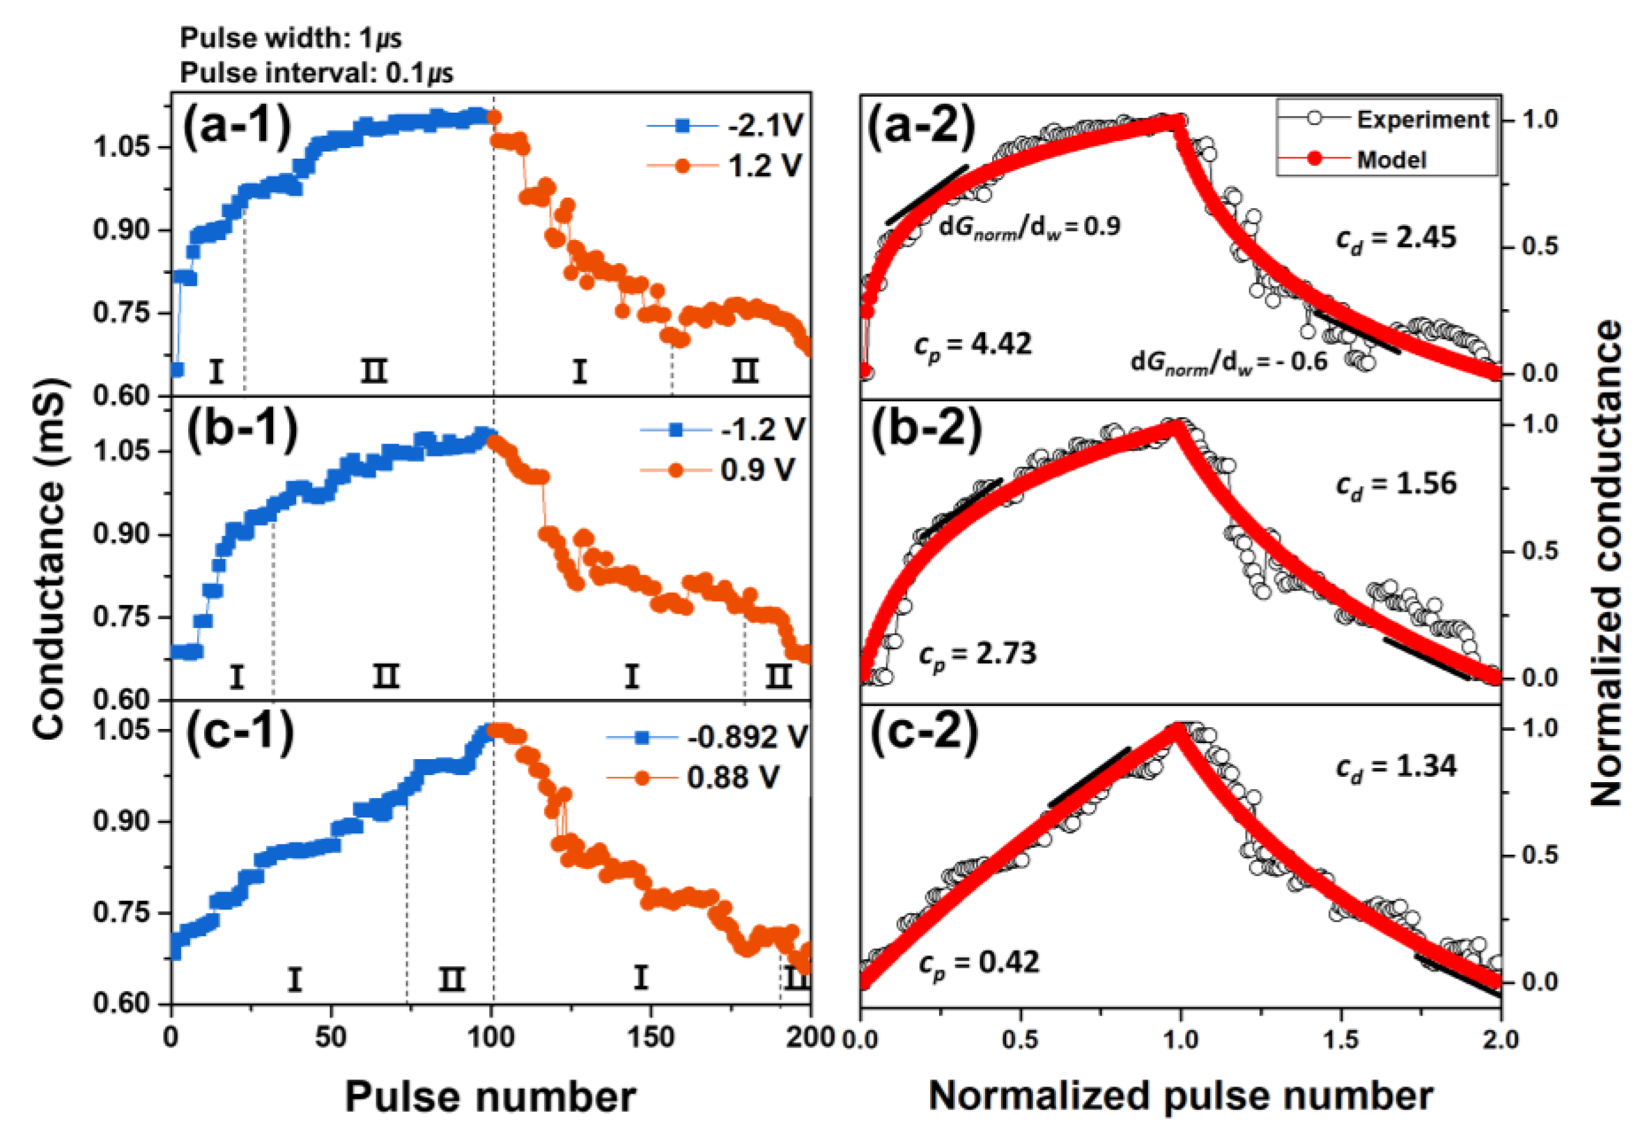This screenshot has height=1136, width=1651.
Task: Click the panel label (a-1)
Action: coord(238,127)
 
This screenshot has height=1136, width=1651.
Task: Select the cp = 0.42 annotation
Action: coord(979,964)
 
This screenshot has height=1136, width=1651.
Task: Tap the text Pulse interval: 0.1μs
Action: coord(316,73)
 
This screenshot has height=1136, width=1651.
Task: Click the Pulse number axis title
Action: coord(490,1096)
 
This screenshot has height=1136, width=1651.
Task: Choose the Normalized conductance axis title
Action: coord(1606,562)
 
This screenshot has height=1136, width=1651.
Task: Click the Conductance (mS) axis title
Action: coord(50,559)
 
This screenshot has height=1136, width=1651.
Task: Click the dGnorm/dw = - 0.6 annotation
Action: coord(1229,362)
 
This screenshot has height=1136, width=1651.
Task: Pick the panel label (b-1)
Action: coord(242,431)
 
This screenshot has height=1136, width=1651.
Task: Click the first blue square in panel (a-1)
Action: coord(177,369)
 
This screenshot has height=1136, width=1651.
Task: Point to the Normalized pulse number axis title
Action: coord(1181,1096)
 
